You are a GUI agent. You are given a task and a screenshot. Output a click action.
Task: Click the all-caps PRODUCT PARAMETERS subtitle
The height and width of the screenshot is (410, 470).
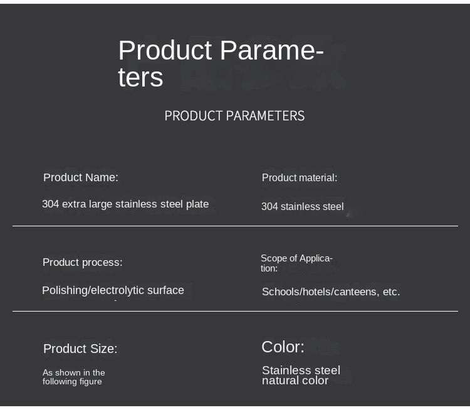pyautogui.click(x=234, y=116)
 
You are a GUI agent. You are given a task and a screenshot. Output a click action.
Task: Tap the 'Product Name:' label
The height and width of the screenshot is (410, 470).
pyautogui.click(x=81, y=177)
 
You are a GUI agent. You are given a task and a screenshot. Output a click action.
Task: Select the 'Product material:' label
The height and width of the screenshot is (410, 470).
pyautogui.click(x=300, y=177)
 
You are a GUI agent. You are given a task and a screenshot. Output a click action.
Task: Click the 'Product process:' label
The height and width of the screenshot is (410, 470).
pyautogui.click(x=83, y=263)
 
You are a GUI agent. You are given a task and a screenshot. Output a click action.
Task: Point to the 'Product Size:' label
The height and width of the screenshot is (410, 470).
pyautogui.click(x=80, y=349)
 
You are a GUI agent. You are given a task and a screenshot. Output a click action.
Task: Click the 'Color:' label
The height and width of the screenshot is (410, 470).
pyautogui.click(x=283, y=347)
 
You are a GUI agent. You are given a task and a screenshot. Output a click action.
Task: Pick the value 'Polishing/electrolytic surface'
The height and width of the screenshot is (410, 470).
pyautogui.click(x=113, y=290)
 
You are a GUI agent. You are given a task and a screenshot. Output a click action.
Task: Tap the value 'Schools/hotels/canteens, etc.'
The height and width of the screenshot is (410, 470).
pyautogui.click(x=331, y=292)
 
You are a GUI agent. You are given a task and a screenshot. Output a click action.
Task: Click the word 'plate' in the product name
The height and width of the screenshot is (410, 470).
pyautogui.click(x=197, y=204)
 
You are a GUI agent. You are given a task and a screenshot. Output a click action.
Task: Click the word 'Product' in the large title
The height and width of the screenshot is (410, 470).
pyautogui.click(x=165, y=50)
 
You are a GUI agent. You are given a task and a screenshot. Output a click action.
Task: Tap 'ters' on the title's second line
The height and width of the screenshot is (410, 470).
pyautogui.click(x=140, y=78)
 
